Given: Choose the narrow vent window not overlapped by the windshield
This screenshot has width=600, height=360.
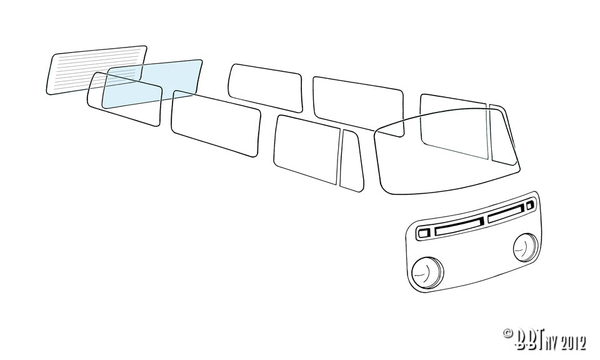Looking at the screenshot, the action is (351, 161).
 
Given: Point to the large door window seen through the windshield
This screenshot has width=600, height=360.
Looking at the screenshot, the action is (454, 126).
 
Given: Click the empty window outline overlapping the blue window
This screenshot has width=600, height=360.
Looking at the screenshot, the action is (124, 99).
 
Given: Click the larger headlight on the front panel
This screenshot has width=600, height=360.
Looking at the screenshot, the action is (427, 272).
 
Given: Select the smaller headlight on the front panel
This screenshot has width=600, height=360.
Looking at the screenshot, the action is (526, 247).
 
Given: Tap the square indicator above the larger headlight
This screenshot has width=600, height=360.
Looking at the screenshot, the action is (424, 232).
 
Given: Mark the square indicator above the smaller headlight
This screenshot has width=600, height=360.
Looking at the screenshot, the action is (530, 206).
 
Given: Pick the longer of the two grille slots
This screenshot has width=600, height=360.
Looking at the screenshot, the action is (459, 226).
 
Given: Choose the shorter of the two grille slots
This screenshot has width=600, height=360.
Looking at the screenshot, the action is (506, 214).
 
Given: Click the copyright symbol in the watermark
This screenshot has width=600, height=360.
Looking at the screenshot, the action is (507, 333).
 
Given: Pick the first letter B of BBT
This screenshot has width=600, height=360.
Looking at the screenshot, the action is (521, 339).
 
